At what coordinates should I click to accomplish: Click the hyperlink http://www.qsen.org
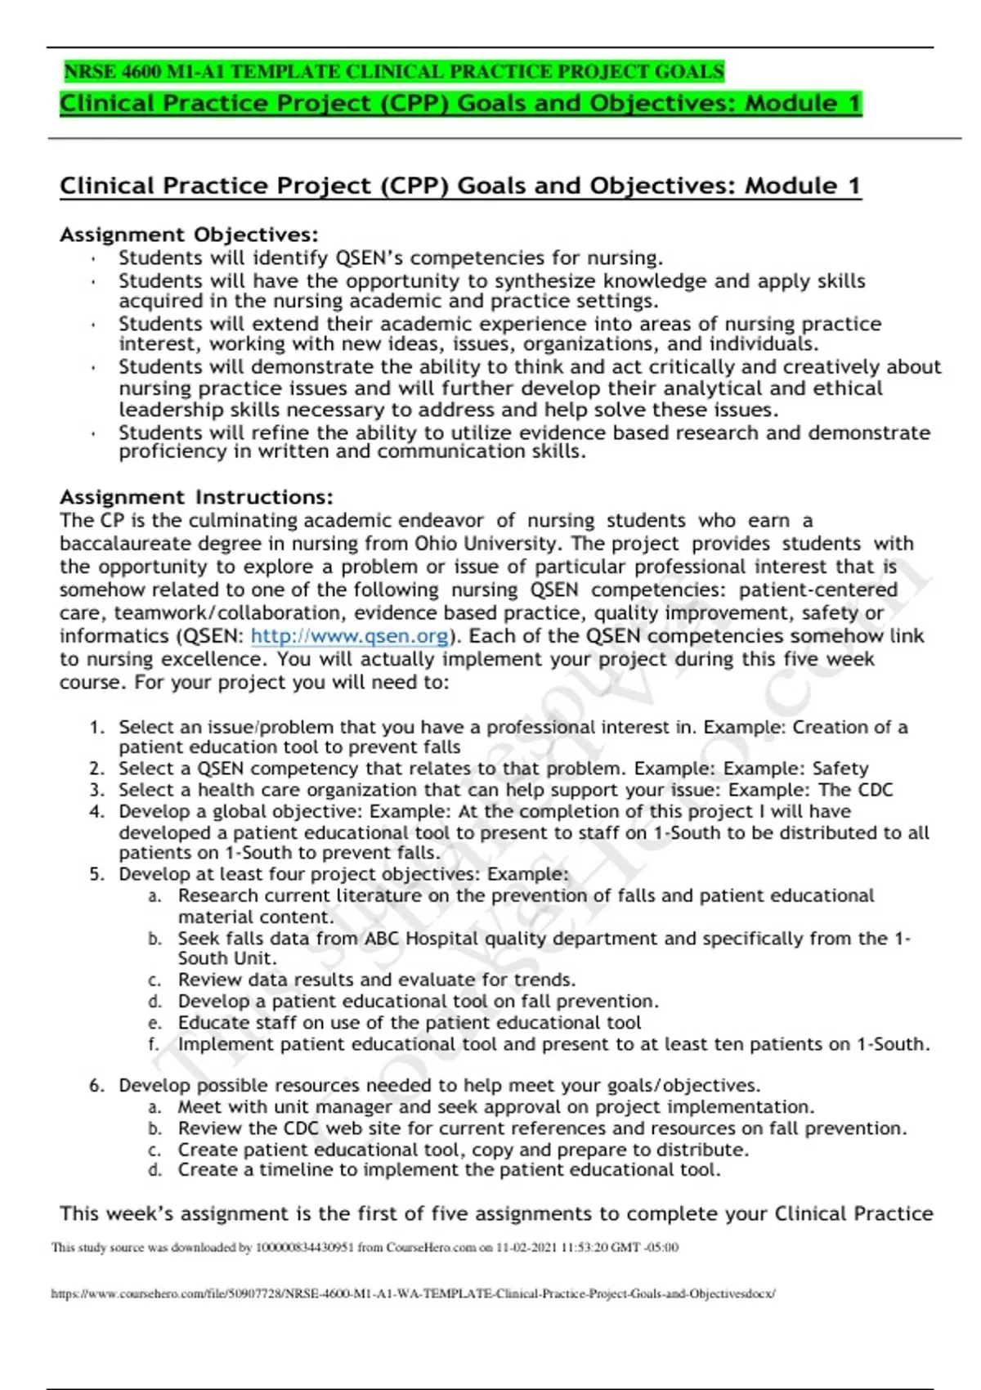(x=350, y=636)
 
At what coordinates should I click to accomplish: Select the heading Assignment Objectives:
(x=189, y=235)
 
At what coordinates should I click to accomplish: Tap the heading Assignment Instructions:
(x=196, y=497)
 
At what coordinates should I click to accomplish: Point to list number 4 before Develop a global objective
(x=96, y=812)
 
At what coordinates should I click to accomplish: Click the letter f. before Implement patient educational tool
(x=154, y=1045)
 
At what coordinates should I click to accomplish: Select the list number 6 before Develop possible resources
(x=96, y=1086)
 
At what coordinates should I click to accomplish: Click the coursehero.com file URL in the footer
(x=413, y=1294)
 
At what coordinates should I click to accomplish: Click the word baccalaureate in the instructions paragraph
(x=126, y=544)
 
